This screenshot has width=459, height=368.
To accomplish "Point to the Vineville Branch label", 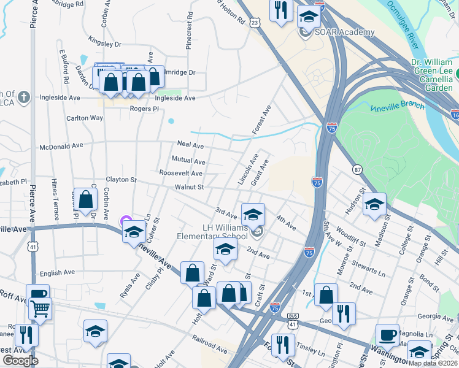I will [x=397, y=106].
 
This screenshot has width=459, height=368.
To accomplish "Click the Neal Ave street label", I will [x=190, y=145].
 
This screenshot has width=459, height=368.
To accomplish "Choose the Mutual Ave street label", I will [x=188, y=160].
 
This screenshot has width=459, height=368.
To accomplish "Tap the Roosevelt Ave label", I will [x=180, y=174].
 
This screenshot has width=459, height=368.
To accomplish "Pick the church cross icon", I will [x=23, y=97].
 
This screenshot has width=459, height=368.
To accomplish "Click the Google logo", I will [x=20, y=360].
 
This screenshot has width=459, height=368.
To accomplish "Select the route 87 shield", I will [x=357, y=169].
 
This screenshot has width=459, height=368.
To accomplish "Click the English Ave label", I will [x=56, y=272].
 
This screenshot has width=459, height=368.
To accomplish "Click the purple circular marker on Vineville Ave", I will [x=126, y=221].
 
